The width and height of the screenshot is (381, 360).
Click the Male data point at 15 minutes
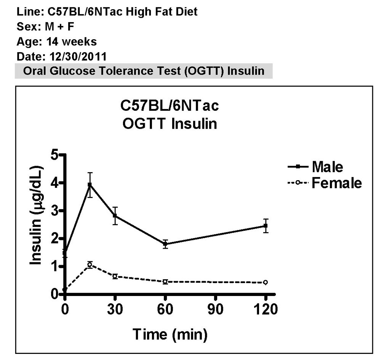point(90,185)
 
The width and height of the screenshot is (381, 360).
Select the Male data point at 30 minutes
point(115,216)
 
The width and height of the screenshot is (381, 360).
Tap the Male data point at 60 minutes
point(165,244)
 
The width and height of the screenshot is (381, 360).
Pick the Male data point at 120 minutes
point(266,226)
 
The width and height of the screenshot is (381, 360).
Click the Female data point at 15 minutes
point(90,265)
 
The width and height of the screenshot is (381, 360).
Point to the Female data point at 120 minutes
point(266,282)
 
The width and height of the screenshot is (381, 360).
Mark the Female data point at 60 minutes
point(165,282)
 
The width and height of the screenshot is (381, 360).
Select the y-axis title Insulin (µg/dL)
point(37,215)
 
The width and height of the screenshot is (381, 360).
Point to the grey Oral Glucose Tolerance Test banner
point(144,71)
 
